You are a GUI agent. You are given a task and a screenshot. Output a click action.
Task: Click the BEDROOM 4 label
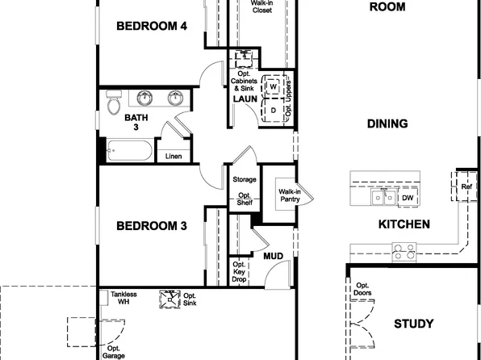click(152, 26)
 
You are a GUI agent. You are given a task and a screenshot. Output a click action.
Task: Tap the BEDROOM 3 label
click(152, 225)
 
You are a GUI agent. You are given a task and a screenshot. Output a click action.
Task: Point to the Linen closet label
click(173, 156)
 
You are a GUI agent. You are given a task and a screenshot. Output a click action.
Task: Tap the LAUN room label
click(245, 99)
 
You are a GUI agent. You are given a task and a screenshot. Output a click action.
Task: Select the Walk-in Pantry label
click(290, 195)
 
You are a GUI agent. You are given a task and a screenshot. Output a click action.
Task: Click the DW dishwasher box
click(408, 197)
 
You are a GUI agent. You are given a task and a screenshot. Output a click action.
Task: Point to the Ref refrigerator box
click(466, 186)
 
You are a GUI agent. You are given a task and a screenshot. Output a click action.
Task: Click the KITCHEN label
click(404, 224)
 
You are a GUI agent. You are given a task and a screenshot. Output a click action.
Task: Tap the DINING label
click(387, 123)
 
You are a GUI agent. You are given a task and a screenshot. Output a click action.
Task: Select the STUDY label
click(413, 324)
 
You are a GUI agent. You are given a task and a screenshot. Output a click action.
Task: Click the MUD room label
click(273, 256)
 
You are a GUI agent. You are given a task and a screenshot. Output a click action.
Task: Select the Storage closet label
click(244, 179)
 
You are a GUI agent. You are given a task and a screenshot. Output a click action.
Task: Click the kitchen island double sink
click(383, 197)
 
